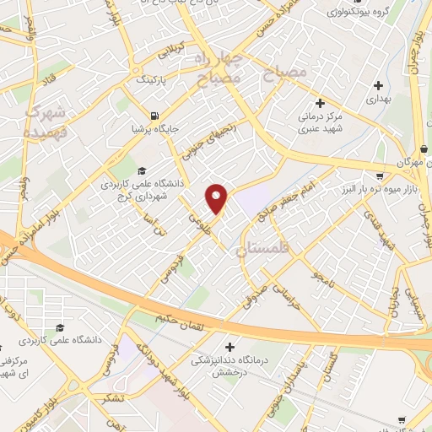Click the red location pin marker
[x=218, y=198]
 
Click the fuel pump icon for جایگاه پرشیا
[x=153, y=116]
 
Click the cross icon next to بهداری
[x=378, y=85]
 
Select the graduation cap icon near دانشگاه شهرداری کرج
[x=142, y=170]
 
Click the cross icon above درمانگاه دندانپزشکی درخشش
[x=229, y=347]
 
